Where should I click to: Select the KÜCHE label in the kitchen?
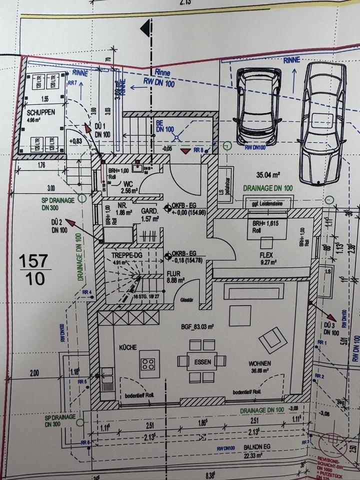128,347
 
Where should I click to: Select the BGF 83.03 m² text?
197,327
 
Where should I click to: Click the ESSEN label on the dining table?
203,361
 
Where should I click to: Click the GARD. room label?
149,211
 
